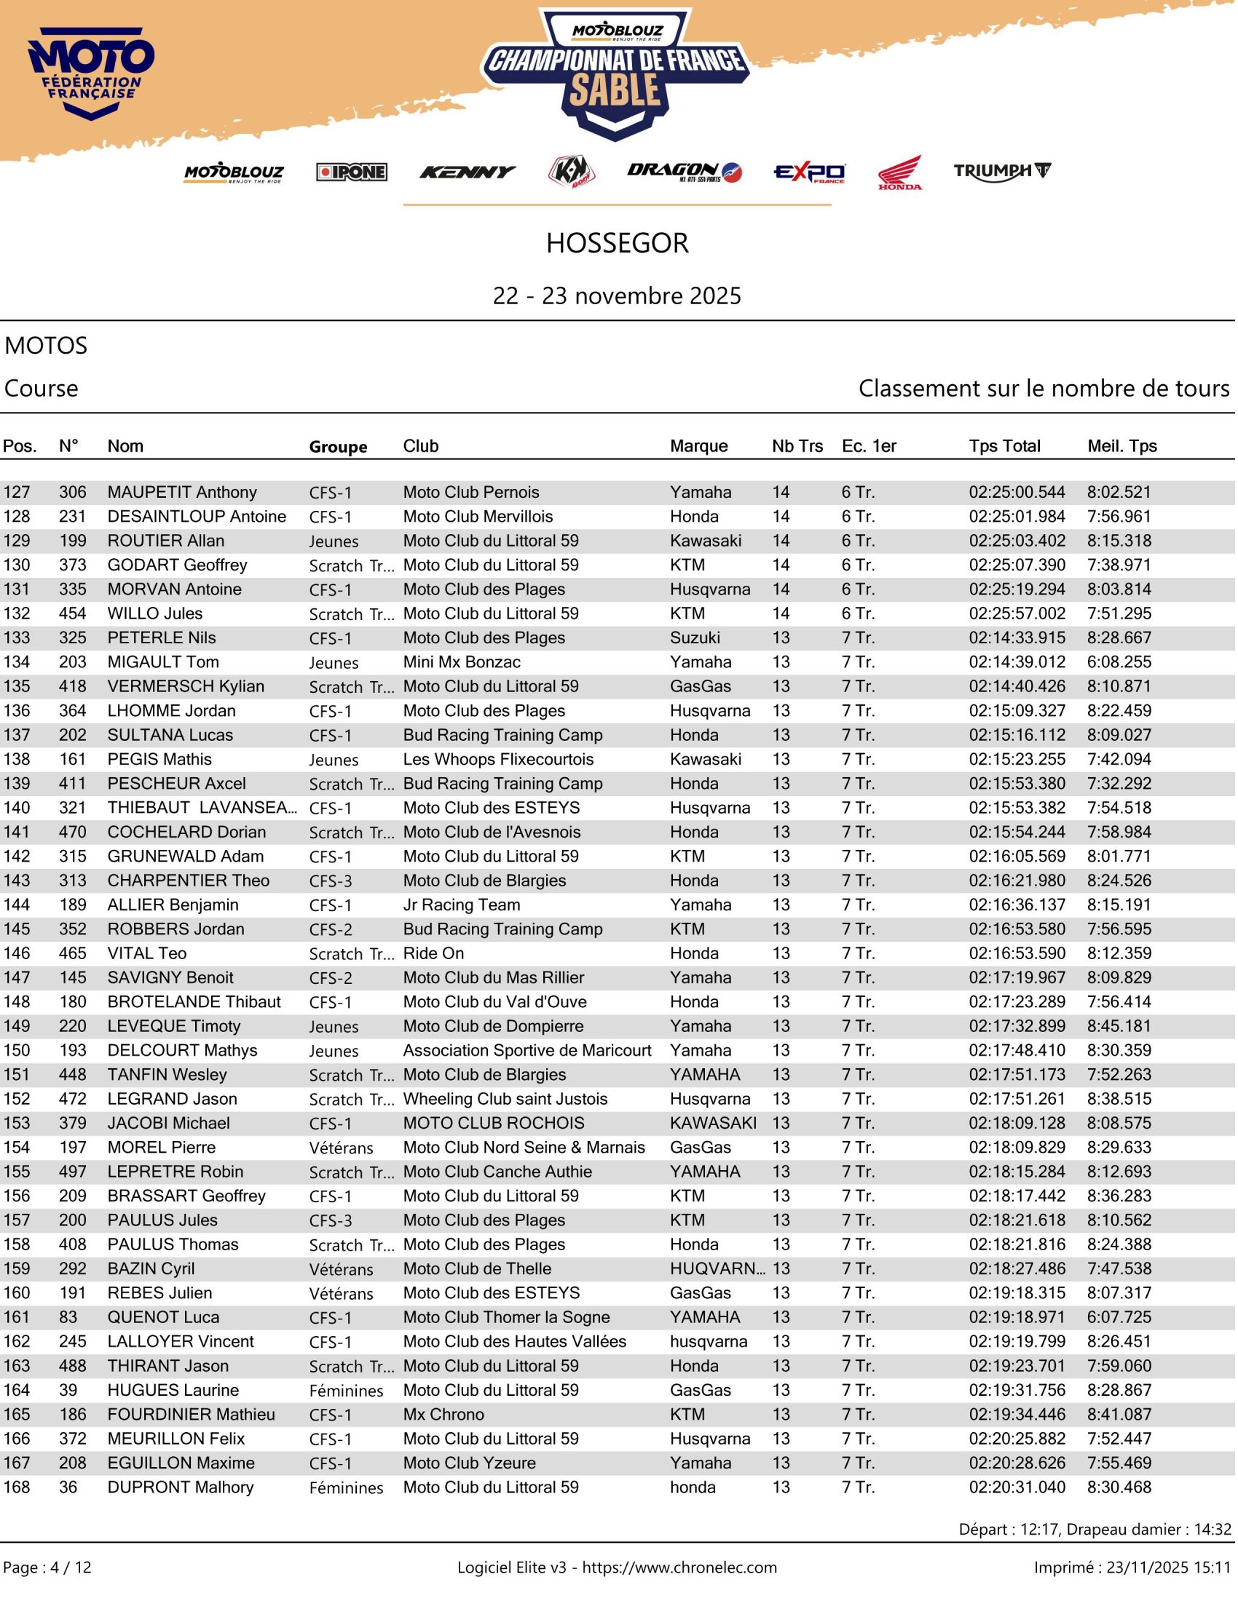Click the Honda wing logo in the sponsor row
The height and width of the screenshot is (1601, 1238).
coord(901,173)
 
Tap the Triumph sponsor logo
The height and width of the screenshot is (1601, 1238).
coord(1002,172)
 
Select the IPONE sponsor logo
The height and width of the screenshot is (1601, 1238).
coord(352,172)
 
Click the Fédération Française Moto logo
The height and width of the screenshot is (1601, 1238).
coord(91,74)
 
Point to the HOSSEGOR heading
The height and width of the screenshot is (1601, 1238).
coord(618,243)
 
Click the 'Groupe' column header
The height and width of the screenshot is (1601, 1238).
coord(338,446)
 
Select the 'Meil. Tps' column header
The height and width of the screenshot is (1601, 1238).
coord(1122,445)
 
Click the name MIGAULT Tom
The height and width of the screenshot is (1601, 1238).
coord(163,662)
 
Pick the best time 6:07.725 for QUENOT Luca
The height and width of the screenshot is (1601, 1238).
coord(1119,1317)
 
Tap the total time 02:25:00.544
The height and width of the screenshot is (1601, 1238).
coord(1017,492)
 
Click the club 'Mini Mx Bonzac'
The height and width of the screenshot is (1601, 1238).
coord(462,662)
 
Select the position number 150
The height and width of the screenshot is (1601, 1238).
coord(17,1050)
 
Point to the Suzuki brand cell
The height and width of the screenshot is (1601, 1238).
coord(695,637)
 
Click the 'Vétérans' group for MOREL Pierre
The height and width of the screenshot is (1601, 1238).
coord(341,1148)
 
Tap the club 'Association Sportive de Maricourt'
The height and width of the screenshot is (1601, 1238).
coord(527,1050)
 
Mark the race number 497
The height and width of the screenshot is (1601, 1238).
coord(73,1172)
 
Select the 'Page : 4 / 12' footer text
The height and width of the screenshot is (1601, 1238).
coord(47,1568)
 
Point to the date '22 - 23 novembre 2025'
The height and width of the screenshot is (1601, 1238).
coord(618,296)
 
